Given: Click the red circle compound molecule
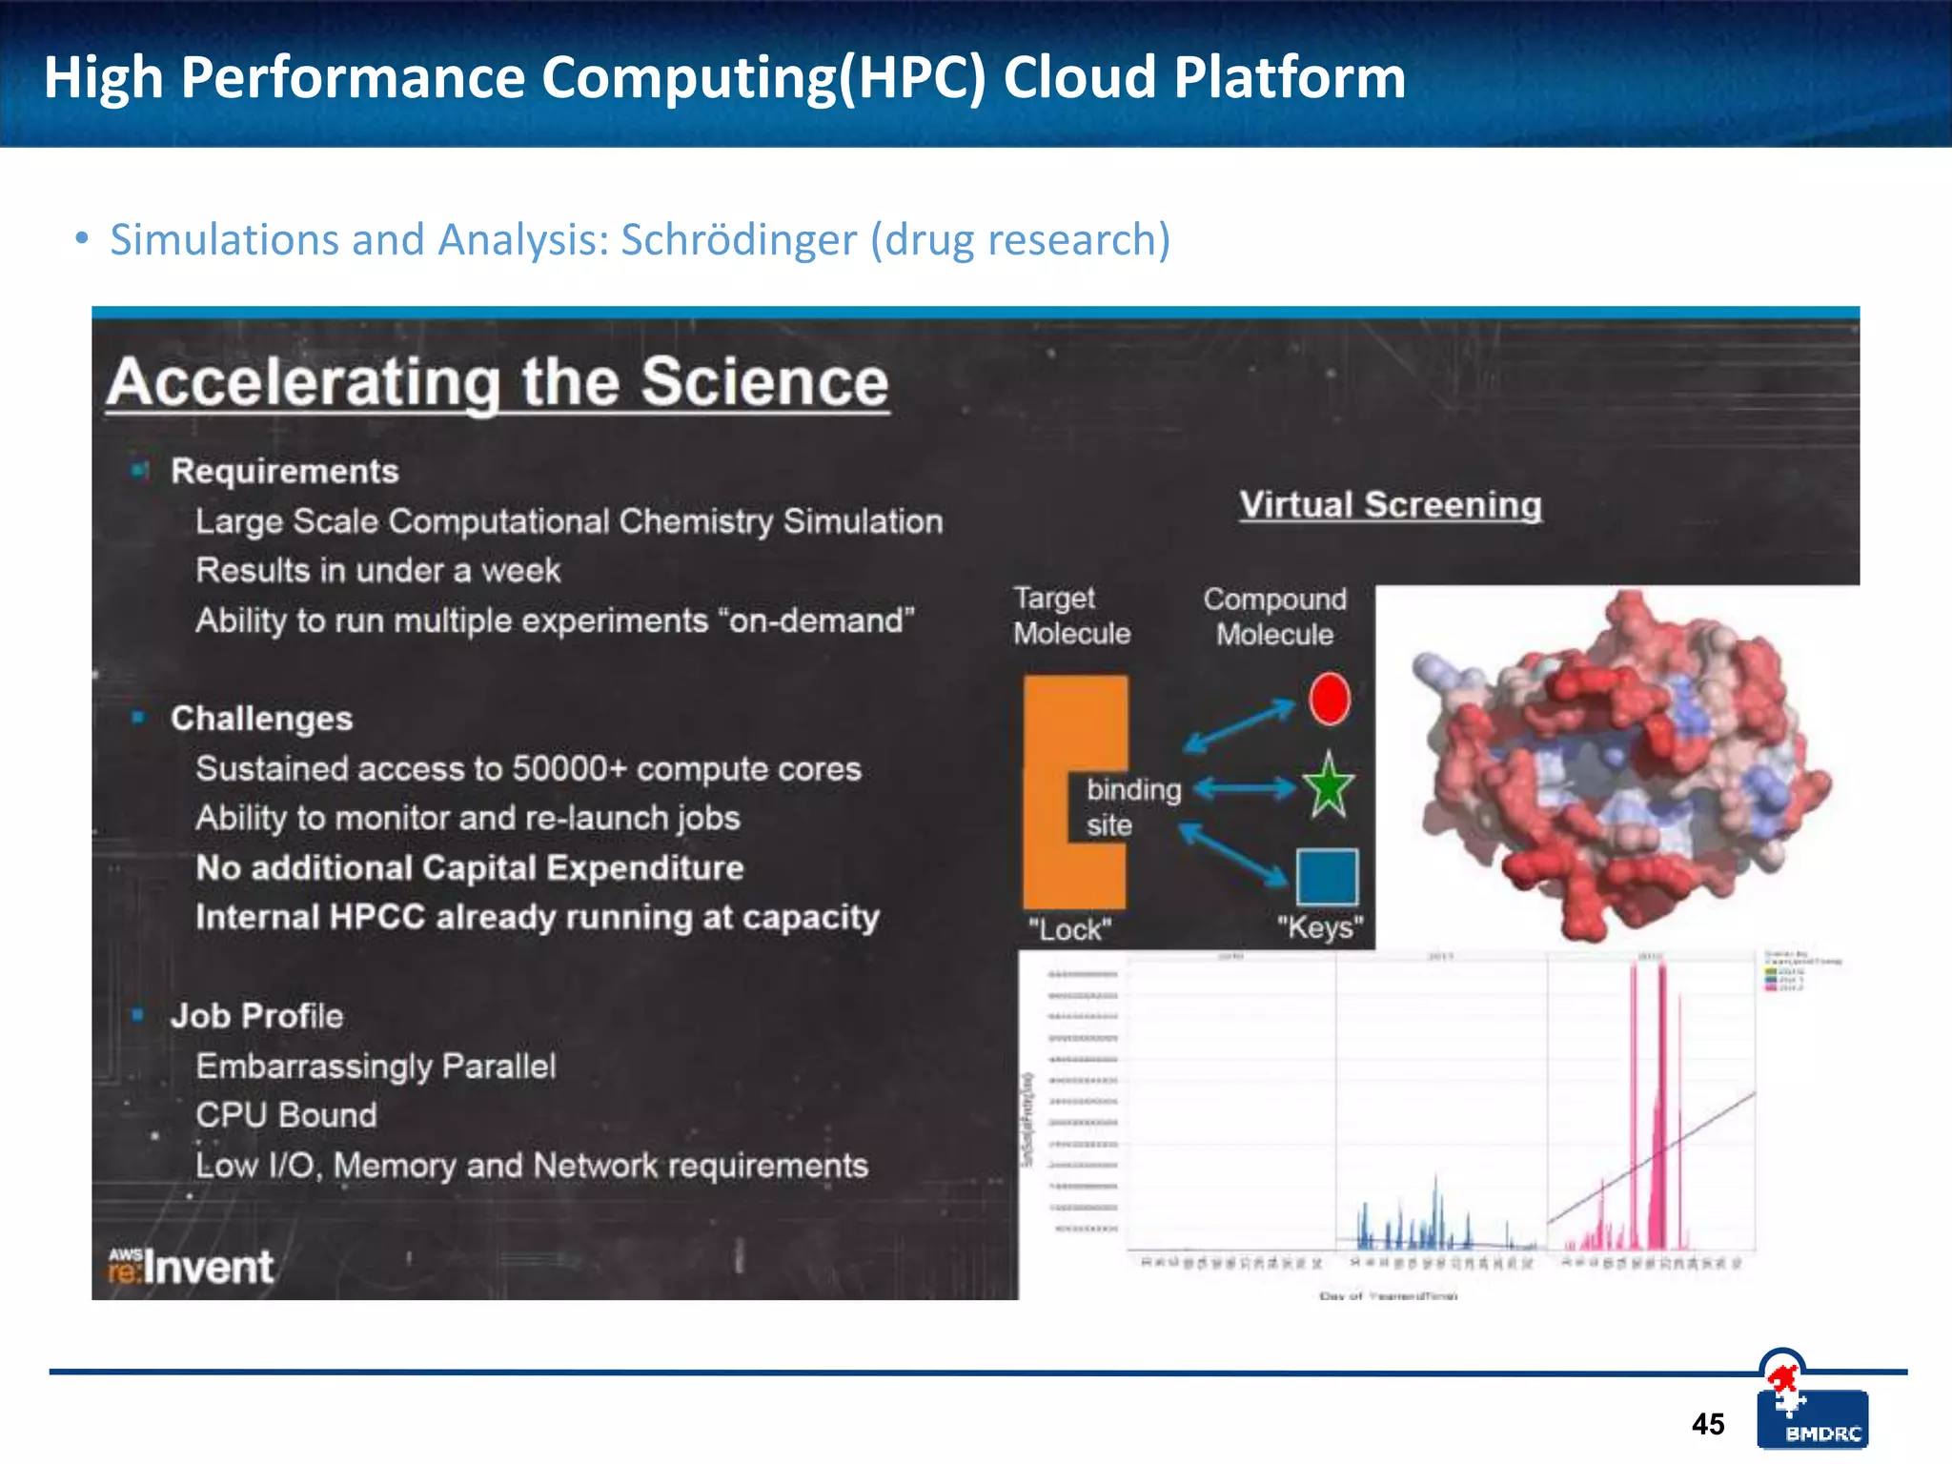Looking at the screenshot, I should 1329,699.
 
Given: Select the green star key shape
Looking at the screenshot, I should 1328,787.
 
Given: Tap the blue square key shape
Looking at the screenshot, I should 1327,877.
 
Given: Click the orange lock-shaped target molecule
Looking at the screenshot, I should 1047,791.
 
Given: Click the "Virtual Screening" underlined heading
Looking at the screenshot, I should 1390,504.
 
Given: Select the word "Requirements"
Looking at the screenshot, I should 284,471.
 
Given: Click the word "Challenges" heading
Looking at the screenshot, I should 261,718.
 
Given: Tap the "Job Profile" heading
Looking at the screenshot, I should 256,1016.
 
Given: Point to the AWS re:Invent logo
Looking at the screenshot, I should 191,1267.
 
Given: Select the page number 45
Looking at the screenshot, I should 1708,1424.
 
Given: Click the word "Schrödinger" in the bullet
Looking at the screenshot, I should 739,239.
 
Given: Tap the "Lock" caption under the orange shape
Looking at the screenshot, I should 1069,928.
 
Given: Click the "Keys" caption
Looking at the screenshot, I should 1320,926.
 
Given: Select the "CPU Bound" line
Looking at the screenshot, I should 286,1115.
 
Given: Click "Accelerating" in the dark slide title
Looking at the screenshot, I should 303,382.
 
